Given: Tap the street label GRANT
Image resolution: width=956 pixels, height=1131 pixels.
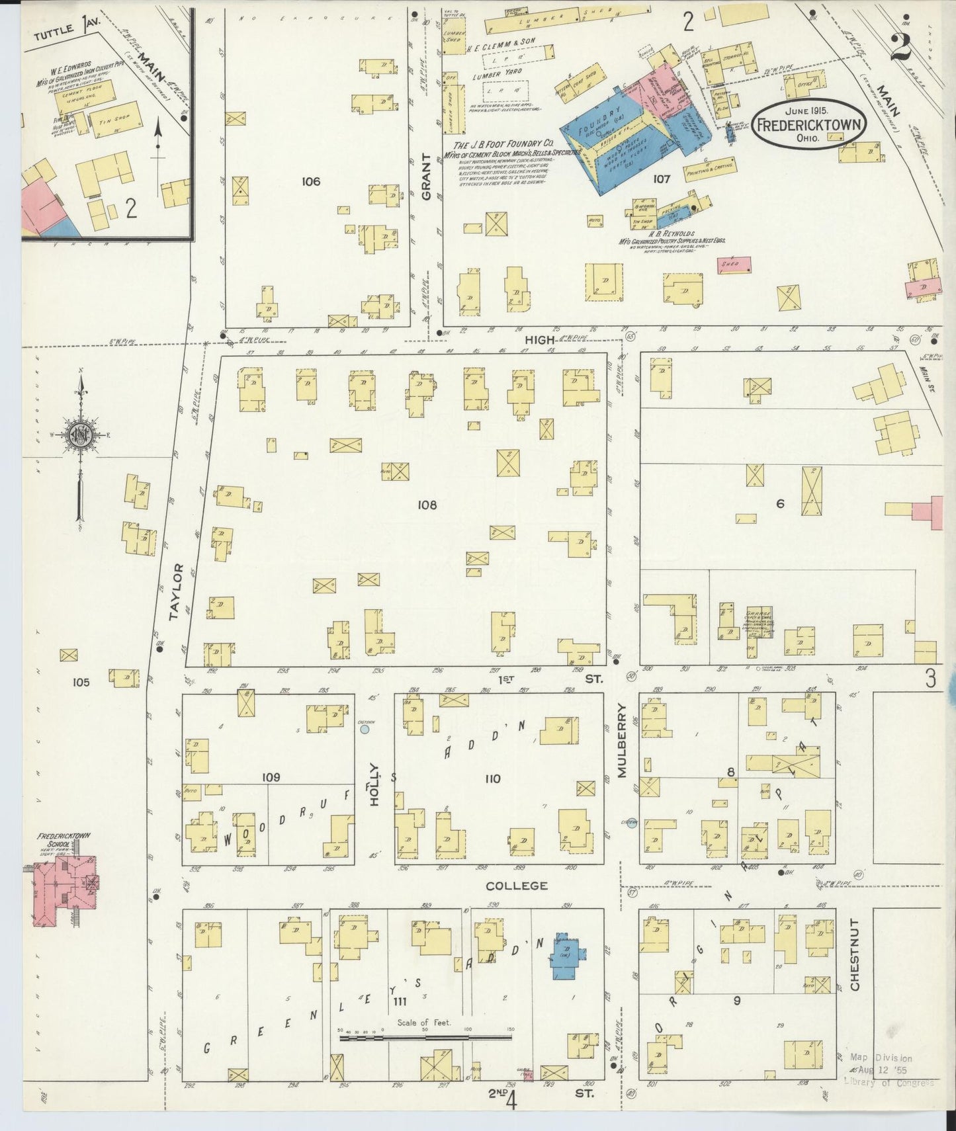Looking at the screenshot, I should coord(426,177).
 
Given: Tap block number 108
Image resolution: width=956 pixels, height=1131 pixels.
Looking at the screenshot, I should coord(427,505).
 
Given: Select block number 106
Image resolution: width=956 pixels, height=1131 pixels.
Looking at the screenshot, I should coord(310,181).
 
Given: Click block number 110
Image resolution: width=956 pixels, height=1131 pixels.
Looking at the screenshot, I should coord(492,778).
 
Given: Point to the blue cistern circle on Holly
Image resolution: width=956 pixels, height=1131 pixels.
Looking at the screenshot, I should coord(364,730).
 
